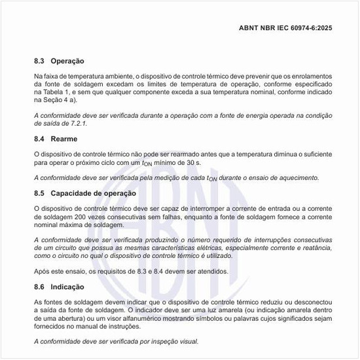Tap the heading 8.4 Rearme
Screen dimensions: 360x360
pyautogui.click(x=55, y=139)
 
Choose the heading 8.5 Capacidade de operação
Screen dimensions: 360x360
pyautogui.click(x=85, y=193)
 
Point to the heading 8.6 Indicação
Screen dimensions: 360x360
pyautogui.click(x=58, y=287)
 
